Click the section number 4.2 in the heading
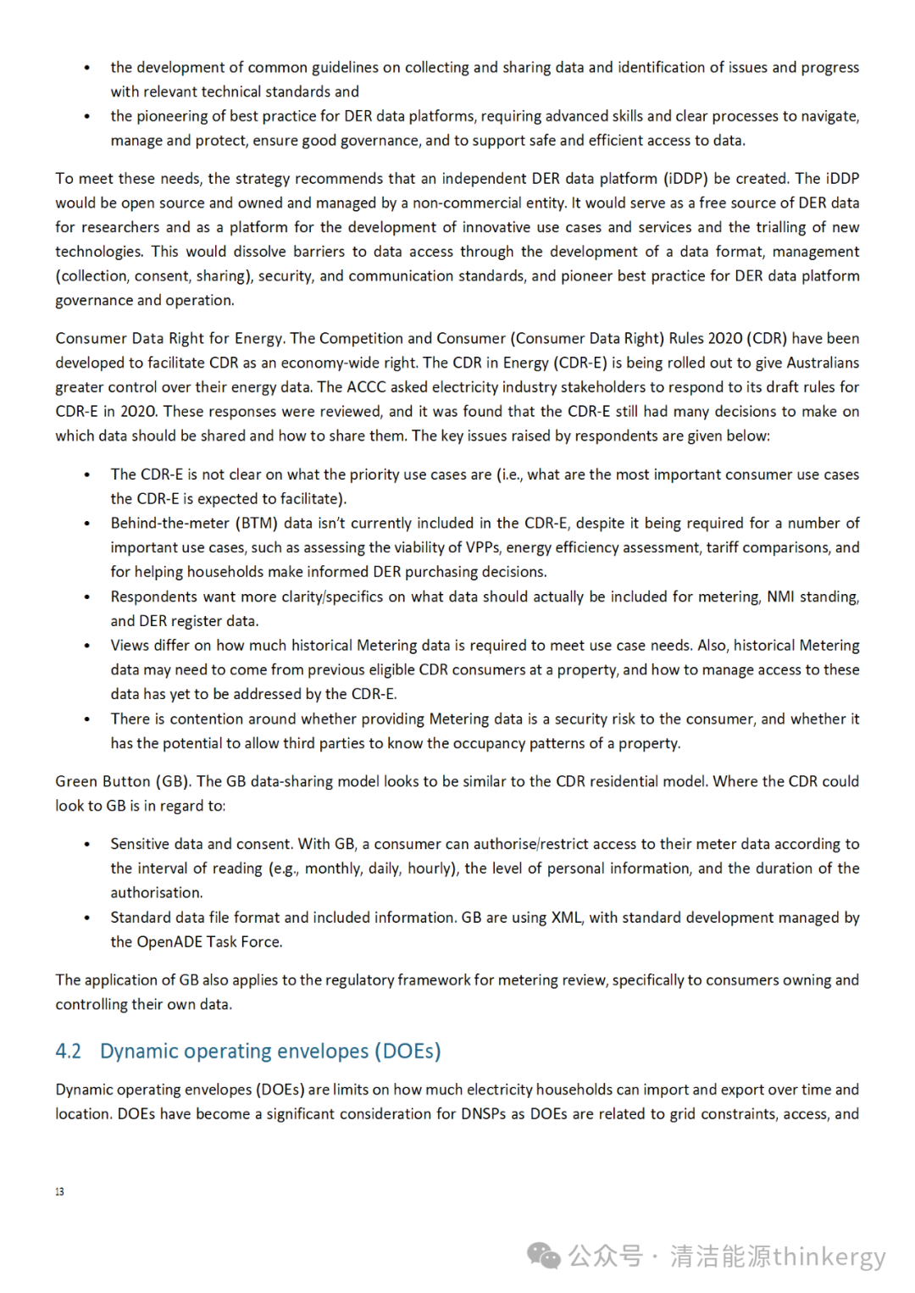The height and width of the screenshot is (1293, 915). coord(68,1052)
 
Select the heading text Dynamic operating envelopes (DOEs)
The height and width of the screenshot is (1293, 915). coord(270,1052)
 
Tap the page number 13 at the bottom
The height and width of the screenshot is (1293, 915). coord(59,1191)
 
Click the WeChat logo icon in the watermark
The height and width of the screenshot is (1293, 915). coord(543,1256)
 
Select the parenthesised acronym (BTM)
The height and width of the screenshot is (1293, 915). coord(256,524)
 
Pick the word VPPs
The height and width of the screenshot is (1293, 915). coord(482,547)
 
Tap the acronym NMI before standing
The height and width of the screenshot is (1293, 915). coord(780,597)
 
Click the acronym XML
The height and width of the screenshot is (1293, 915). coord(567,918)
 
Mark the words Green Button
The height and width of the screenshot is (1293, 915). coord(103,781)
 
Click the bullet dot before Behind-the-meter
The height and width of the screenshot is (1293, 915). coord(87,524)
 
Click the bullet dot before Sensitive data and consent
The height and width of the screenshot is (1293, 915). coord(87,845)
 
